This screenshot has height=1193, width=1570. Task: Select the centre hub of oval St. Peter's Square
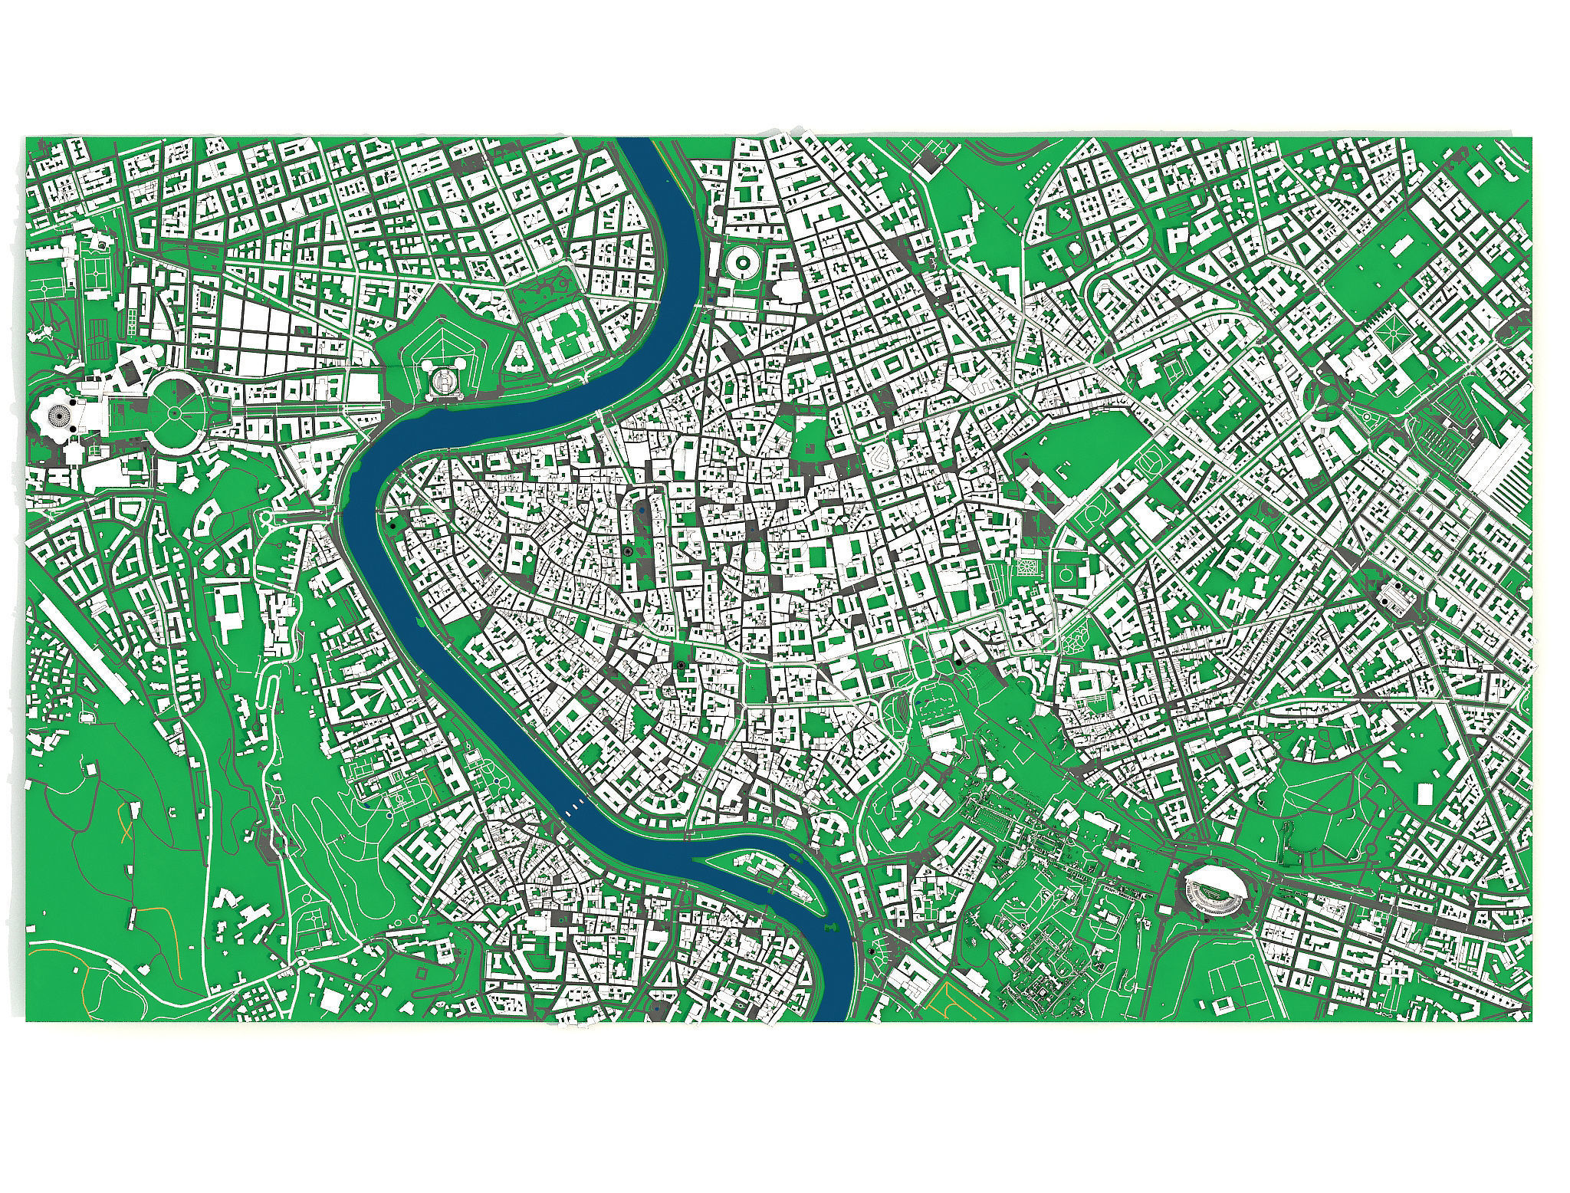175,412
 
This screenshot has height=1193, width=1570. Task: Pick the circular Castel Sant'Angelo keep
442,379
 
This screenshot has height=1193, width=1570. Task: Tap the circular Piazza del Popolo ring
742,264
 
